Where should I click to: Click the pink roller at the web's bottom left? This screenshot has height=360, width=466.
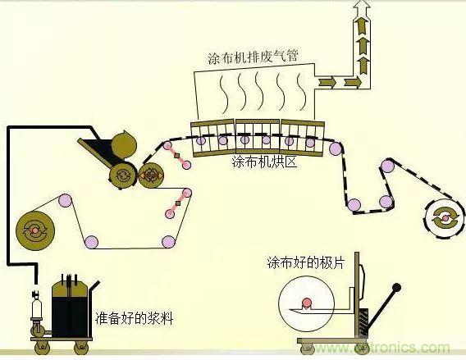pos(90,243)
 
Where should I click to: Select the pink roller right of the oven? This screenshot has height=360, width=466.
pos(334,148)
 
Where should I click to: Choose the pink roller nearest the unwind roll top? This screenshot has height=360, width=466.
pos(63,199)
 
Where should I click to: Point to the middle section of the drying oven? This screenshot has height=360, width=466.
pos(258,136)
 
